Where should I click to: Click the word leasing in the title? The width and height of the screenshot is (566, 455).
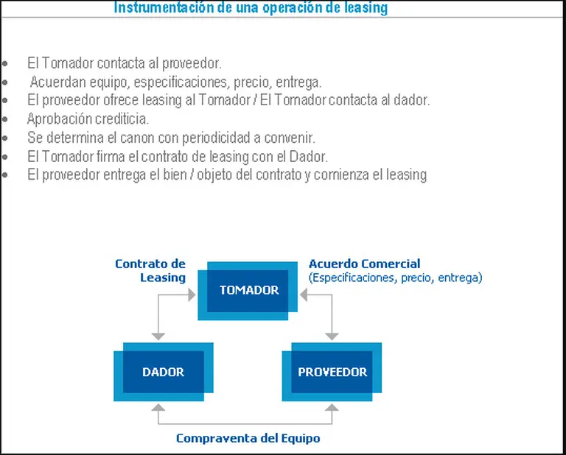(x=363, y=8)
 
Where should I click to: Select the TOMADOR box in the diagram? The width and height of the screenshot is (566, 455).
(x=248, y=290)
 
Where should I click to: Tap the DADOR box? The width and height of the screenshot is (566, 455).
(x=163, y=372)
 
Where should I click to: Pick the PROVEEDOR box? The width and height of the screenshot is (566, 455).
(x=332, y=372)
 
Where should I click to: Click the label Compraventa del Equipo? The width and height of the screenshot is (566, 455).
(x=248, y=438)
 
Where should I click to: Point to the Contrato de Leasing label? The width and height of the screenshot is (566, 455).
(x=150, y=270)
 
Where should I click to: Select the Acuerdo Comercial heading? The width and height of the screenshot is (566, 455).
(x=364, y=264)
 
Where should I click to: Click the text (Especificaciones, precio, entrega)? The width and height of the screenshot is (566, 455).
(x=395, y=278)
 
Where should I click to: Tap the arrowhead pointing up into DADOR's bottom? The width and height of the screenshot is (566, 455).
(x=157, y=409)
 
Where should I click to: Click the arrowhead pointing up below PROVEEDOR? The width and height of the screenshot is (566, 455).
(x=332, y=409)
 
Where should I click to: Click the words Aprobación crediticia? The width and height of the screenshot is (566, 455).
(x=88, y=119)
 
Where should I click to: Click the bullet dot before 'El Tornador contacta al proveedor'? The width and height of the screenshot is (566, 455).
(x=5, y=64)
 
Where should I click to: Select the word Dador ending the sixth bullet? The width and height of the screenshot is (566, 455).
(x=310, y=156)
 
